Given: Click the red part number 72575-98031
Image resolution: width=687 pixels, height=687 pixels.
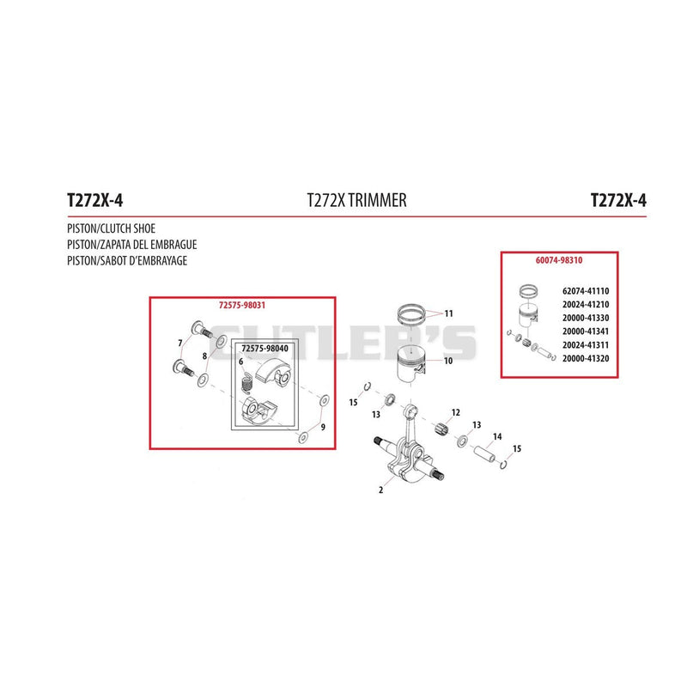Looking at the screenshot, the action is (x=242, y=305).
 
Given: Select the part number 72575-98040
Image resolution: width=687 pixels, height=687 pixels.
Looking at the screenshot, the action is (x=265, y=349).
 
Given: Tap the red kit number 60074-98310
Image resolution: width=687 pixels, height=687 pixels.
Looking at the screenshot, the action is (x=559, y=260).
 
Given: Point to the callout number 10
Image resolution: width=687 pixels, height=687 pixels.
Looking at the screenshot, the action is (x=448, y=361).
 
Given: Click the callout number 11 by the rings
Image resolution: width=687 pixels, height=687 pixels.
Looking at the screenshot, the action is (x=448, y=313).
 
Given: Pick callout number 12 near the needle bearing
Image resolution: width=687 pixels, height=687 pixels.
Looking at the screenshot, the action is (x=456, y=412).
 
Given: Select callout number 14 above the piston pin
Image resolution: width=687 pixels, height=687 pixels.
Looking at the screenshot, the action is (x=497, y=436).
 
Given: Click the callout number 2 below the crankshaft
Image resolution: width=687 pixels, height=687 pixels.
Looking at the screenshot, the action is (x=380, y=489).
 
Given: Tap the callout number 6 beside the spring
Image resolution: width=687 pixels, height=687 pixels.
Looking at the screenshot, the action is (x=241, y=362).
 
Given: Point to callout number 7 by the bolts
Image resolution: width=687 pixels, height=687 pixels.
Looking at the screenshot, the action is (x=180, y=343).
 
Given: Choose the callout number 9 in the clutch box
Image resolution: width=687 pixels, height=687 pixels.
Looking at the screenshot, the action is (x=323, y=427).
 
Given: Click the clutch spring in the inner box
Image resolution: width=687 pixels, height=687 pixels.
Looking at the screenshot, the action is (x=247, y=383).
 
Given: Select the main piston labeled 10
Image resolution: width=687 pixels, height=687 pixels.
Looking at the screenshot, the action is (x=410, y=364).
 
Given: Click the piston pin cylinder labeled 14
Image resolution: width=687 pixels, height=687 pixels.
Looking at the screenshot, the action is (x=483, y=454).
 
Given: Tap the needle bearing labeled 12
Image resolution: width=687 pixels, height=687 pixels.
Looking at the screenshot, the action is (x=443, y=427).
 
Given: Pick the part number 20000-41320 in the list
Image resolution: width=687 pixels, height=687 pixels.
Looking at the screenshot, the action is (x=586, y=358).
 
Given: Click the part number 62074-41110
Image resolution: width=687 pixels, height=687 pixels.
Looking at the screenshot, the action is (x=586, y=291).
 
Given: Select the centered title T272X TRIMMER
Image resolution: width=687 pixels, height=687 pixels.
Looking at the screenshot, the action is (x=356, y=200).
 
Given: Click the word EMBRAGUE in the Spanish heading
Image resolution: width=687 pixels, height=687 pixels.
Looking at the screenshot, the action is (x=173, y=245).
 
